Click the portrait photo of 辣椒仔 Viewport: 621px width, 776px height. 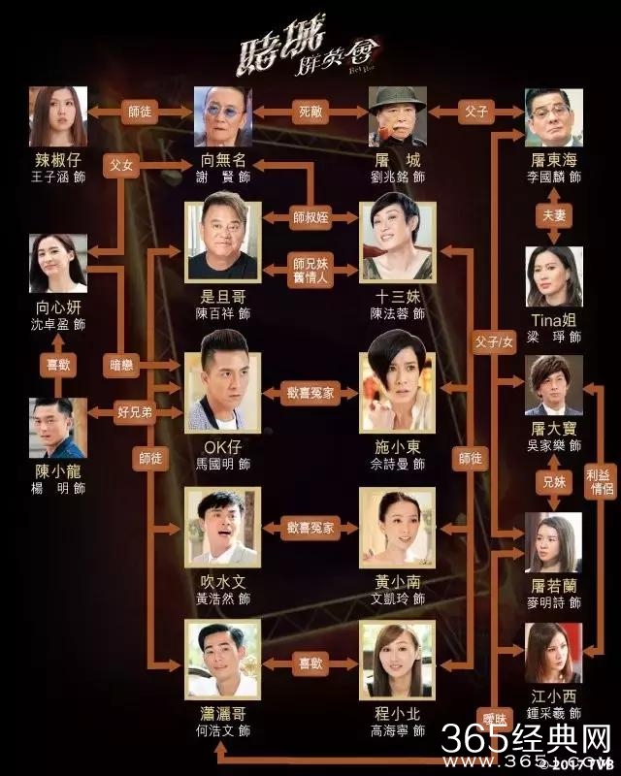point(59,115)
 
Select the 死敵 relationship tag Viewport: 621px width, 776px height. point(310,112)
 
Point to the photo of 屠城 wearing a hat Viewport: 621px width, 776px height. point(395,115)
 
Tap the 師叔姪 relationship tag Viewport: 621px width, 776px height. point(310,215)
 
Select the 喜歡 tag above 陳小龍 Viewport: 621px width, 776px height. point(58,367)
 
